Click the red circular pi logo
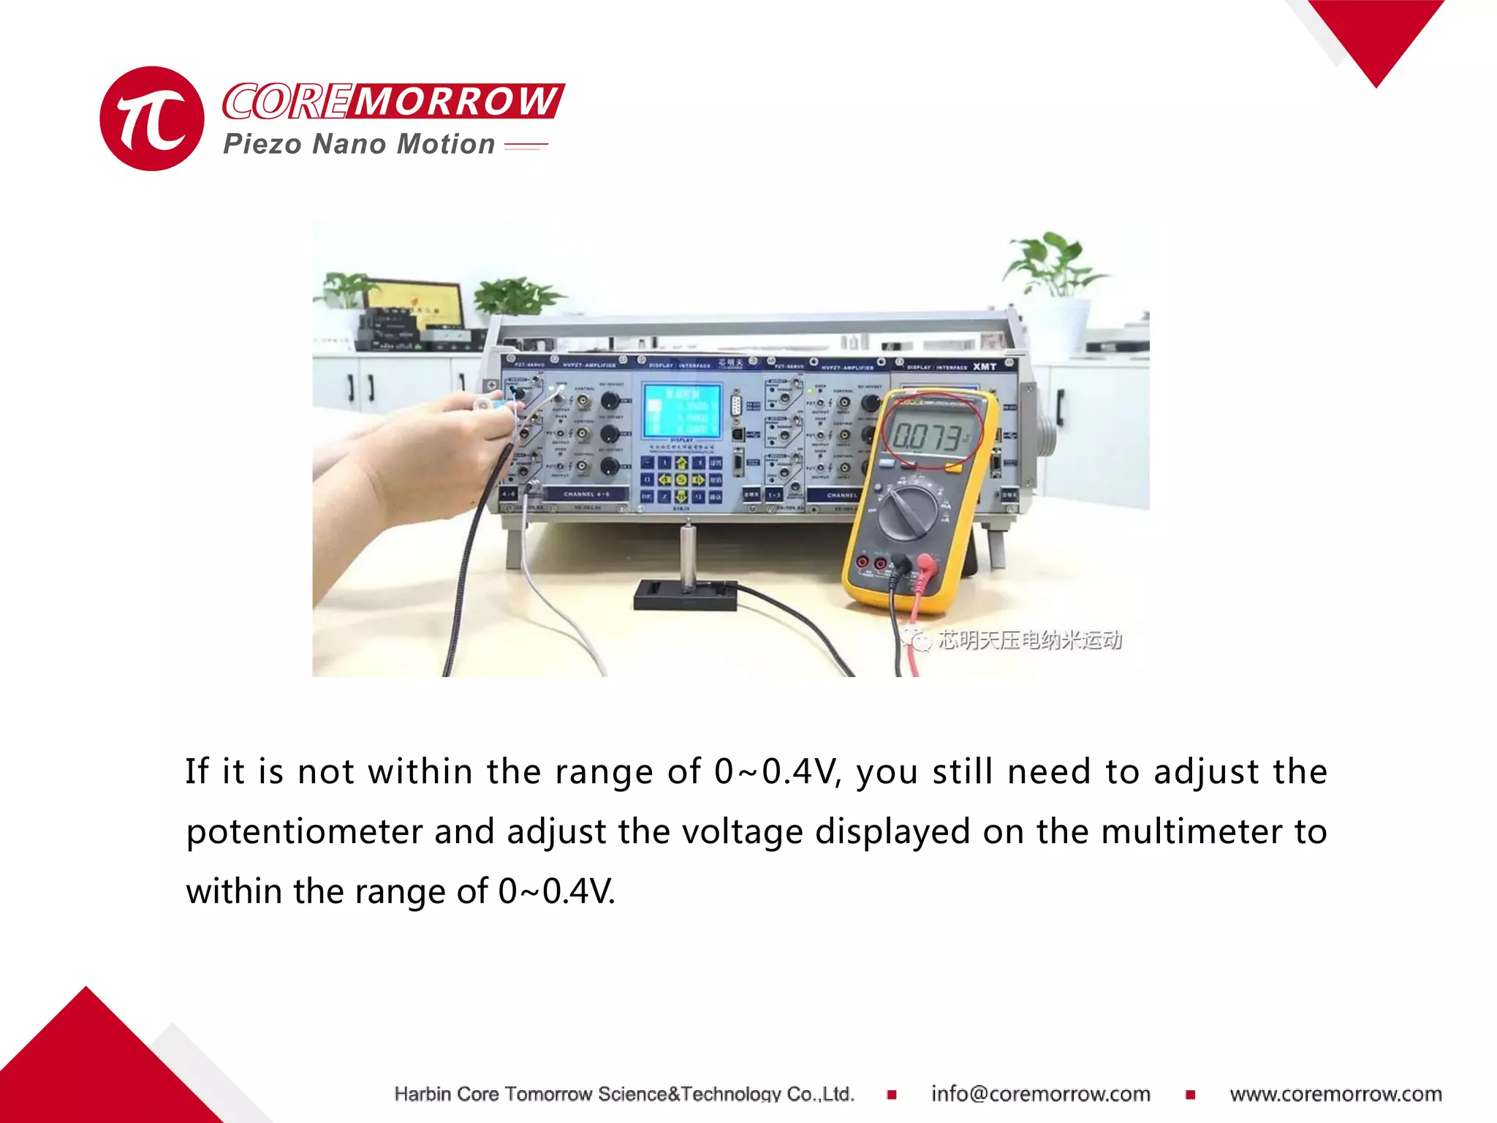152,118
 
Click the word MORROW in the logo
456,101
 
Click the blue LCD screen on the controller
681,411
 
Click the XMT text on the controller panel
985,366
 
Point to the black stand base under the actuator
685,595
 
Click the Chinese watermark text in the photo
1029,640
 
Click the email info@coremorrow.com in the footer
1040,1094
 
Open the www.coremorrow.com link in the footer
1335,1094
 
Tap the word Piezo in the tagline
262,144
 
